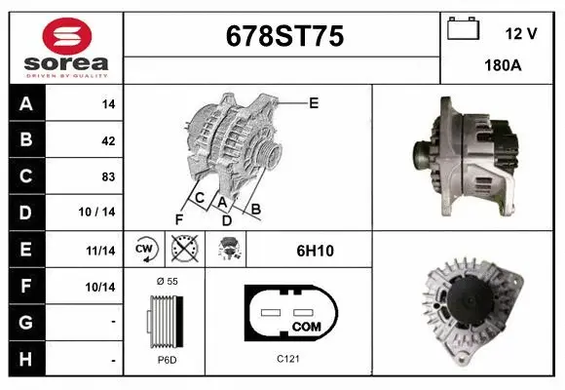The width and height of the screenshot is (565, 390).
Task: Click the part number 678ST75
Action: click(282, 36)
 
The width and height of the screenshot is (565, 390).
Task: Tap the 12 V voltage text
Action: click(521, 33)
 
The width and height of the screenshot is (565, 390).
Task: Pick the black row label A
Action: click(25, 104)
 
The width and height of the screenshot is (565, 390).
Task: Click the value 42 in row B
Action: click(108, 140)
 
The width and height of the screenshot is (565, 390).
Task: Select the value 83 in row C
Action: click(108, 177)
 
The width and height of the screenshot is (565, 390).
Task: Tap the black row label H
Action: click(25, 359)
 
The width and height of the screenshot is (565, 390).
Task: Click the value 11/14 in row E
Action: click(101, 251)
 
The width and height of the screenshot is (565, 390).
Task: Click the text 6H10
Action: click(316, 251)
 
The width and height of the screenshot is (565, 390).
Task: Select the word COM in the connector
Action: click(307, 325)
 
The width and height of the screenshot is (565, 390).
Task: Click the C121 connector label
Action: click(287, 359)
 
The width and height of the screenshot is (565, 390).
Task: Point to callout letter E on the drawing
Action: click(314, 102)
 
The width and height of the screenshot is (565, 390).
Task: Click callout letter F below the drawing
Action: click(179, 217)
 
